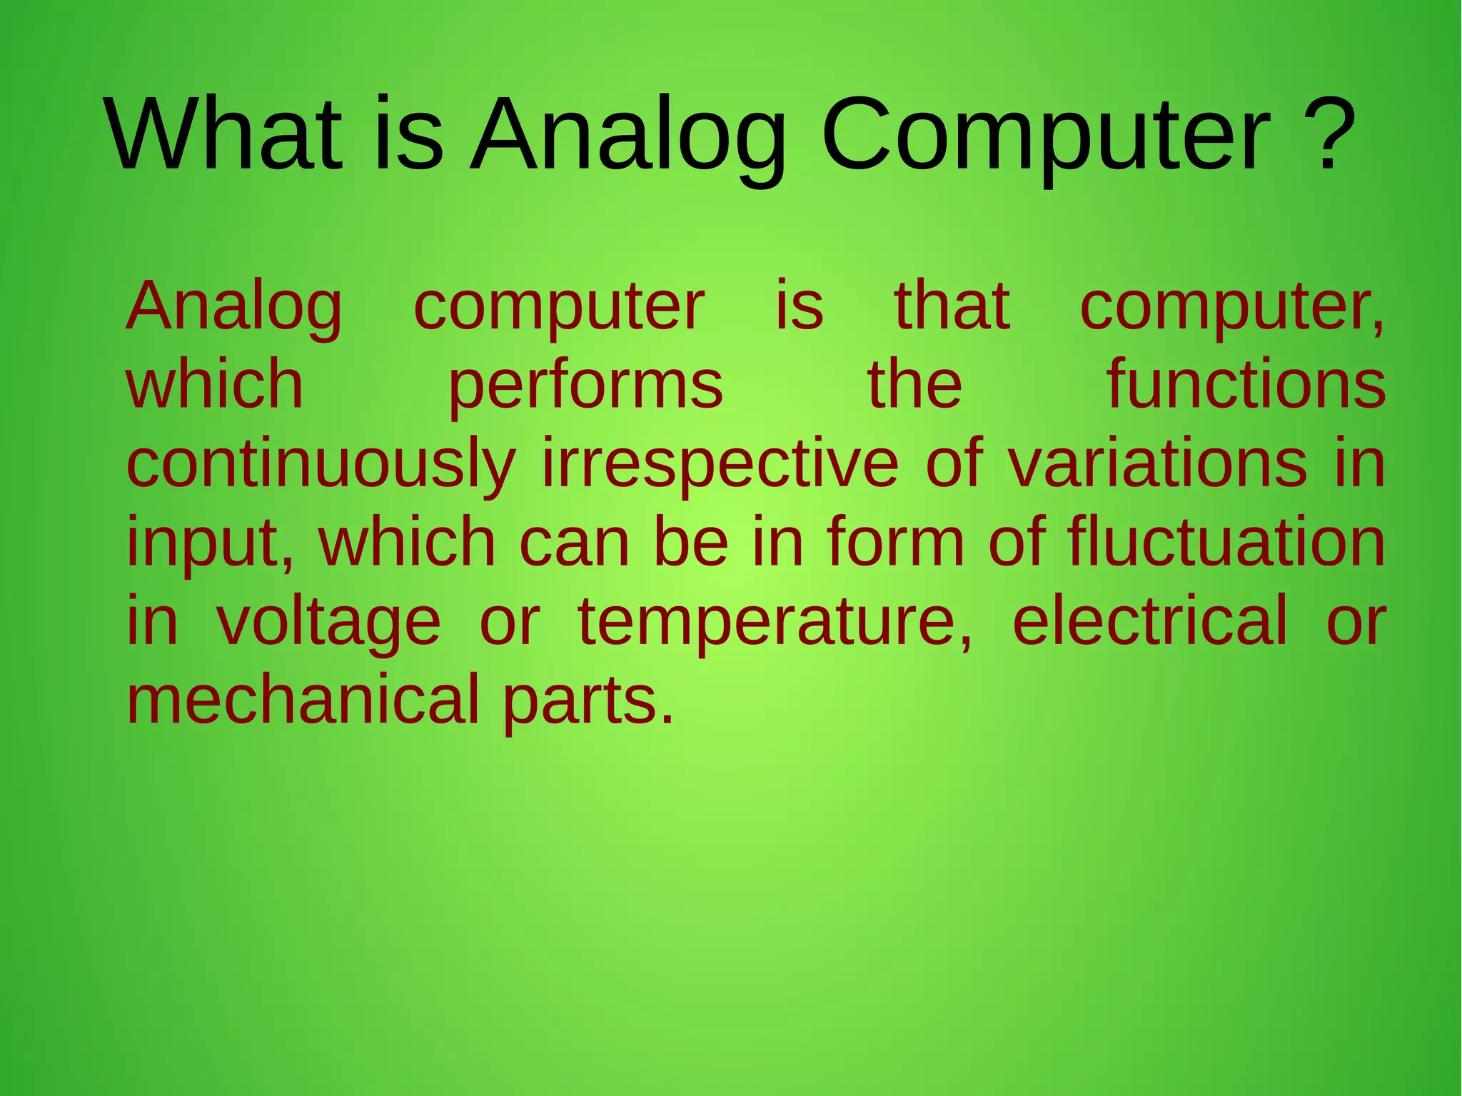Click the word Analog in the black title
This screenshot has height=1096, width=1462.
pos(628,139)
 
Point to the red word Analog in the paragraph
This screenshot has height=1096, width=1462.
pos(234,308)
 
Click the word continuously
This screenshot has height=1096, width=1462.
pos(321,466)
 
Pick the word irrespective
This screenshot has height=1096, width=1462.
pos(720,466)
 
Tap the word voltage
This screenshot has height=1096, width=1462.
pos(328,623)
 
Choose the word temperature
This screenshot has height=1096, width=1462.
pos(775,623)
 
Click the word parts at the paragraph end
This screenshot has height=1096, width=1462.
pos(588,702)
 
